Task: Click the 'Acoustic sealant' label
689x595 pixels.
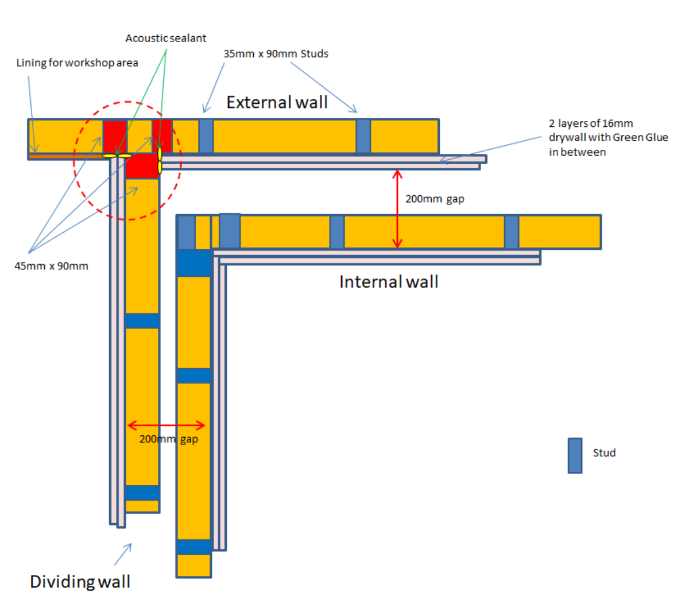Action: tap(165, 38)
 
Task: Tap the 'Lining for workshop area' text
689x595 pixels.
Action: tap(77, 63)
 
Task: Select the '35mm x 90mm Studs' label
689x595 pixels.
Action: tap(276, 54)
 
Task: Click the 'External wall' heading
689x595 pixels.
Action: tap(277, 102)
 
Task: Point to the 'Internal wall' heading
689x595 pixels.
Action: tap(389, 282)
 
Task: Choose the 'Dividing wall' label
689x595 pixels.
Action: tap(80, 581)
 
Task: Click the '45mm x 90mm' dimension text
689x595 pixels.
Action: tap(51, 266)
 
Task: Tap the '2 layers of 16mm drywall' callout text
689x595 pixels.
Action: tap(608, 138)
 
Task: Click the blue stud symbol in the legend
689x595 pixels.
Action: tap(575, 455)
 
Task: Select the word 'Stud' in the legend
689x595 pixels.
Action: tap(604, 453)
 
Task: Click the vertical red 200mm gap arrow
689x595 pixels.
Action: tap(397, 209)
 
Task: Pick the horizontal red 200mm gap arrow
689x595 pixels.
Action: tap(166, 426)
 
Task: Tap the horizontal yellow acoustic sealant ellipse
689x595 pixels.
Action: tap(117, 156)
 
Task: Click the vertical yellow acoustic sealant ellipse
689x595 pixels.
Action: tap(160, 161)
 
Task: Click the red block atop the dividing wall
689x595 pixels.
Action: tap(142, 166)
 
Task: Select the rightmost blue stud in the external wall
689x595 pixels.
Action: tap(363, 136)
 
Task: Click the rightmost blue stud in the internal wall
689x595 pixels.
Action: tap(511, 232)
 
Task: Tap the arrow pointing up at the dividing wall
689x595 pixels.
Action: tap(123, 554)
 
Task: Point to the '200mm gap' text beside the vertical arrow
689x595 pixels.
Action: tap(435, 199)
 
